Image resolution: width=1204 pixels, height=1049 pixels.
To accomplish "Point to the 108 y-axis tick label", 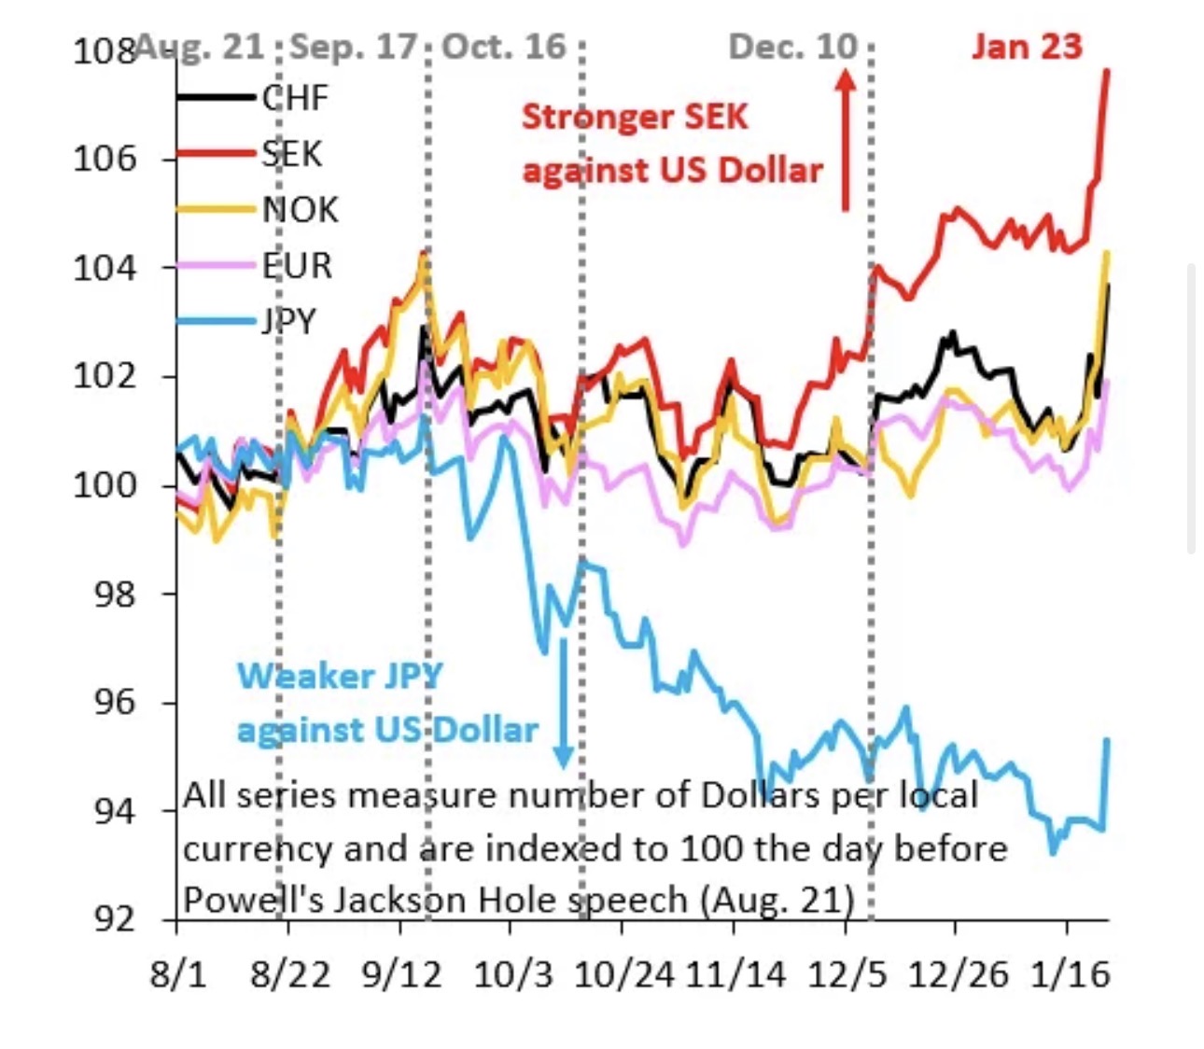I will click(x=104, y=49).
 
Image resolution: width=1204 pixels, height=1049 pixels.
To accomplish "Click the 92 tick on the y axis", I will click(x=115, y=919).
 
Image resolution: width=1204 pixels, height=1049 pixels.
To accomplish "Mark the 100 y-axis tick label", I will click(x=104, y=484).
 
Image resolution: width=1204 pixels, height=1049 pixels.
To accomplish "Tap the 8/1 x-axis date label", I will click(x=177, y=974).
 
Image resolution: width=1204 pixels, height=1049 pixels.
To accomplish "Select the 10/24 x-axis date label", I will click(x=623, y=974).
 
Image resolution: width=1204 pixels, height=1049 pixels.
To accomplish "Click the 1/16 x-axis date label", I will click(x=1071, y=974).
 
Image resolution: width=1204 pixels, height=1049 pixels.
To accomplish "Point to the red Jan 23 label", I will click(x=1027, y=46).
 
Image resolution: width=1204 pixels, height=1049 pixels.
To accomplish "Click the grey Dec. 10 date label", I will click(x=792, y=46).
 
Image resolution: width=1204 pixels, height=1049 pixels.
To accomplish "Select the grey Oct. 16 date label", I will click(x=504, y=46).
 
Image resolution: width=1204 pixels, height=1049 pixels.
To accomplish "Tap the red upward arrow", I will click(x=846, y=140).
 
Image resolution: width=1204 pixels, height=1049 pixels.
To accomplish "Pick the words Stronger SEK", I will click(x=635, y=117).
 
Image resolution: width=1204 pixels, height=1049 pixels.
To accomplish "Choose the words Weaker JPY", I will click(x=340, y=675).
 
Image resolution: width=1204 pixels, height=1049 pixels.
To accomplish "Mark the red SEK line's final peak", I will click(x=1106, y=71).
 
